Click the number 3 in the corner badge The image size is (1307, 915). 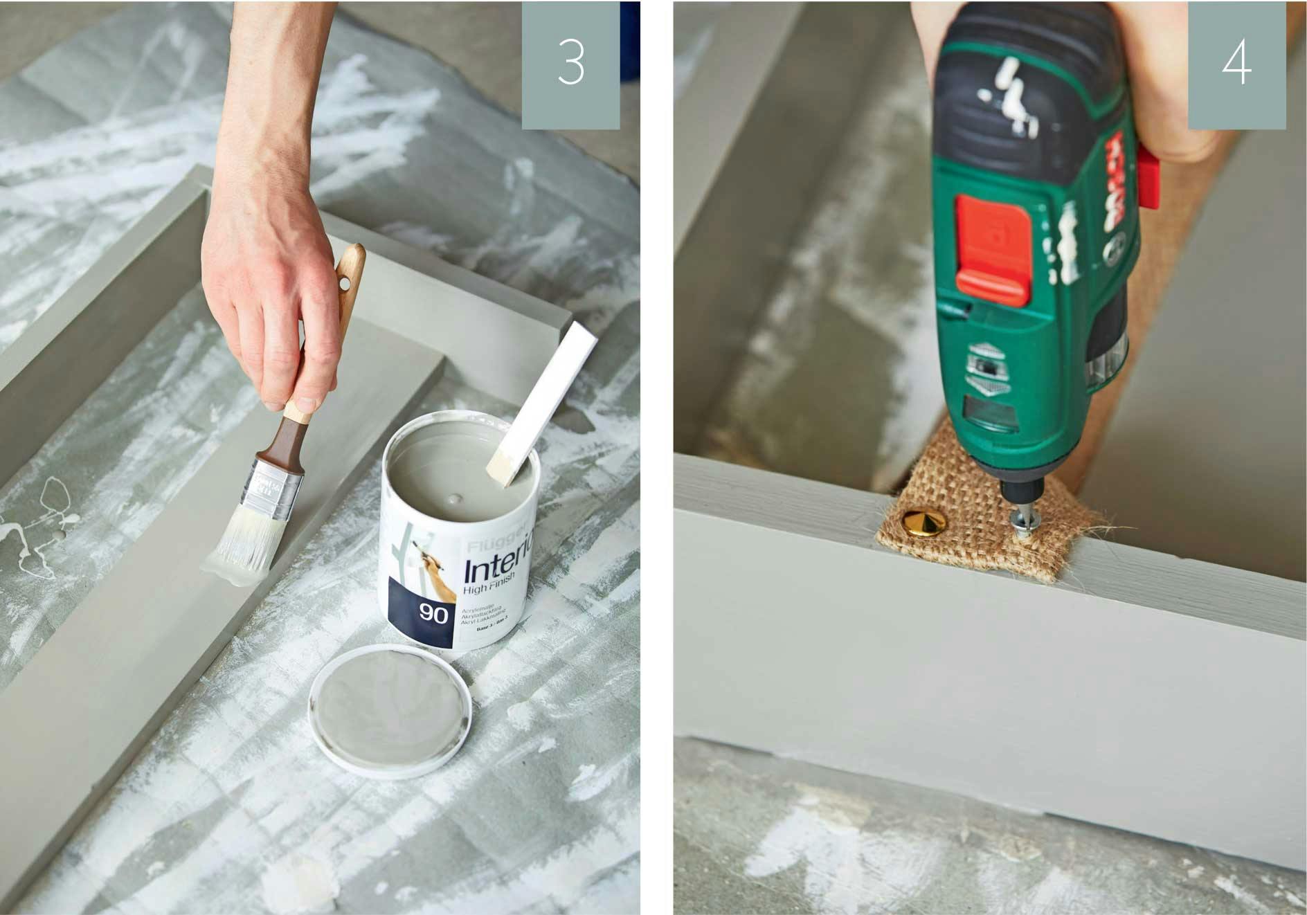[571, 64]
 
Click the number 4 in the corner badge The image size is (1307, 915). [1236, 64]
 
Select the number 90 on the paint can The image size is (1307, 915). [433, 613]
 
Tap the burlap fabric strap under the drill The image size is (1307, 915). [969, 526]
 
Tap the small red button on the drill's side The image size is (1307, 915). [1147, 176]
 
